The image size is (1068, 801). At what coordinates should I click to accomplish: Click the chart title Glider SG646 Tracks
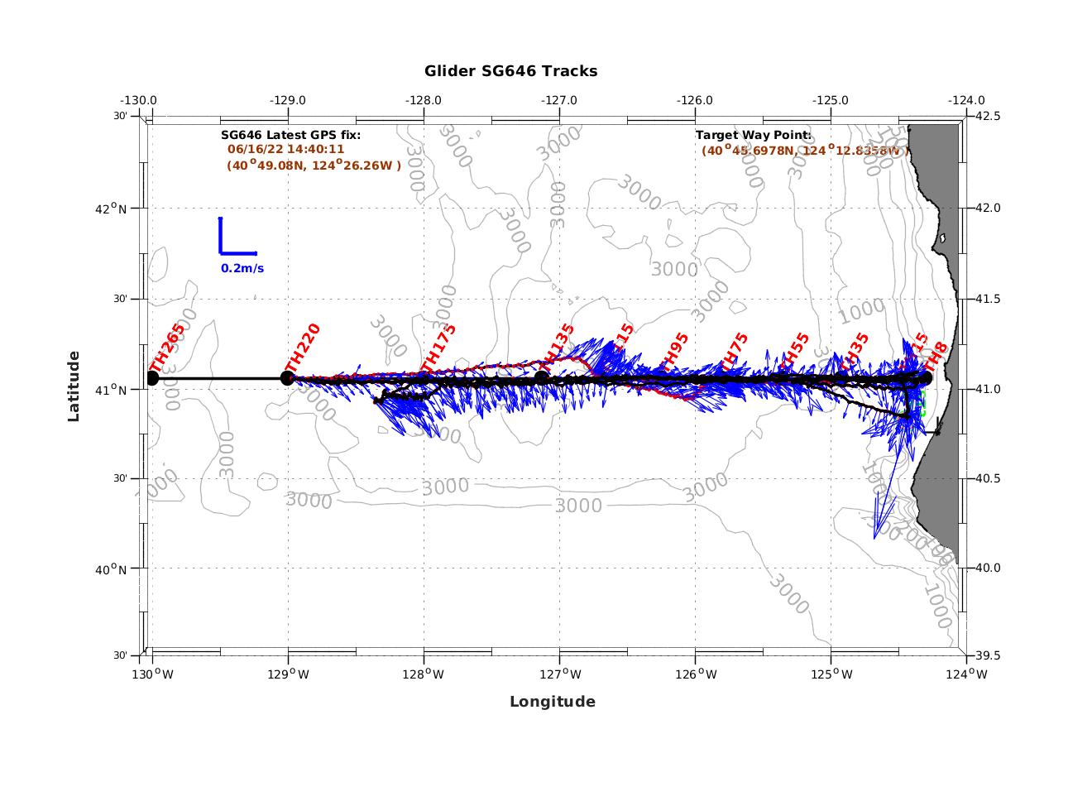510,71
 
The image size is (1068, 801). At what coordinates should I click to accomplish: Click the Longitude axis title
552,702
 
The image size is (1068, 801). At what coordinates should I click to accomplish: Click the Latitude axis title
74,386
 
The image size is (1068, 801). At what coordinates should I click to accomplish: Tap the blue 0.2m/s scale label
242,268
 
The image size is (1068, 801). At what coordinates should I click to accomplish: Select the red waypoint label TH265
166,348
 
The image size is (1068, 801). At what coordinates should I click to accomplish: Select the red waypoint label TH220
302,348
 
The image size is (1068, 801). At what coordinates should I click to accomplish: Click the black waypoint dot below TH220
288,378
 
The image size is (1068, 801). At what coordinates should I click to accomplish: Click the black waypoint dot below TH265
152,378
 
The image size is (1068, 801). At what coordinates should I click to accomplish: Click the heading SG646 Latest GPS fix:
290,135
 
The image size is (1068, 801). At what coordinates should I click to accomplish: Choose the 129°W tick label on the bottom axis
288,674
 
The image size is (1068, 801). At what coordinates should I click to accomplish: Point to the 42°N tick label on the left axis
111,209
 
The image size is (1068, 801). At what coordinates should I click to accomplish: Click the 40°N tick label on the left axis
111,569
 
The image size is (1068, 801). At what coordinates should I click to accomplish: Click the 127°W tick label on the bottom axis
559,674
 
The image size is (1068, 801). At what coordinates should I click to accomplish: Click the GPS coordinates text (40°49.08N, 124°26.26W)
314,165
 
